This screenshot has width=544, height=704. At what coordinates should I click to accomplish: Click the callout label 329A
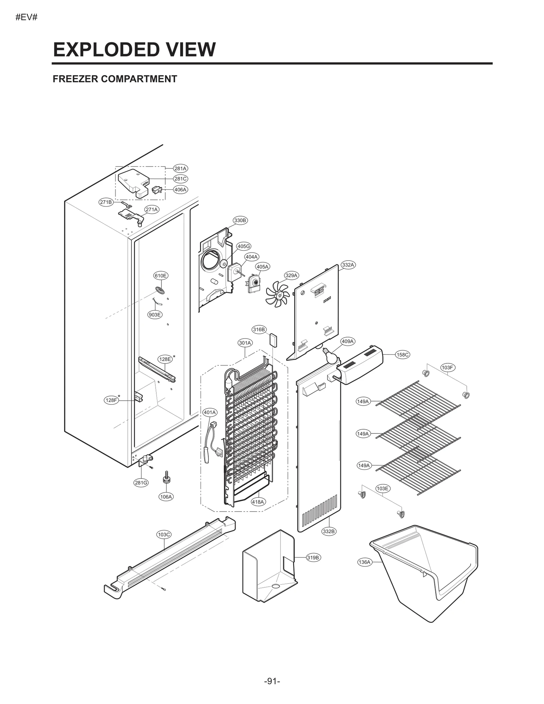point(291,275)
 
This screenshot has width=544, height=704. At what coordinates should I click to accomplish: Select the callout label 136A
point(364,562)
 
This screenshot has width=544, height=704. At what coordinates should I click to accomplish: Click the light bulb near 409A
point(330,356)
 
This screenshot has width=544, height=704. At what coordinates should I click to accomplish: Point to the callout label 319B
point(313,557)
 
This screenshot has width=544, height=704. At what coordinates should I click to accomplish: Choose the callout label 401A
point(209,412)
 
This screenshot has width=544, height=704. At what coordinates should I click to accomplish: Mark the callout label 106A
point(166,497)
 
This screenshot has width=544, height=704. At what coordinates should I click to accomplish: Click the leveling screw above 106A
point(166,477)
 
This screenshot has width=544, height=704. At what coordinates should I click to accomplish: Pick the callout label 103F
point(447,367)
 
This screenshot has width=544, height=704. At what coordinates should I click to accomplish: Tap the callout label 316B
point(259,329)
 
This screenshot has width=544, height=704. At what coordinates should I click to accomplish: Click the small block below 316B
point(273,340)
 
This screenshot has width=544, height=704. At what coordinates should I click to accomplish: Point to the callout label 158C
point(403,355)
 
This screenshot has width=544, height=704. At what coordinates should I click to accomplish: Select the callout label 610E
point(160,276)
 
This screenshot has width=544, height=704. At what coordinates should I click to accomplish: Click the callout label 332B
point(329,531)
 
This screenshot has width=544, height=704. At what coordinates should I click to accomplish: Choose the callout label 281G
point(141,483)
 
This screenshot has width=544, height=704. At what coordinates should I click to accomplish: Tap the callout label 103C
point(164,534)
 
